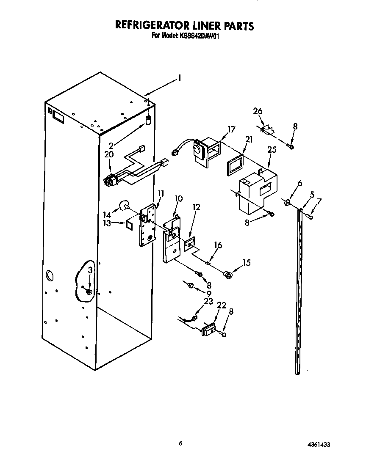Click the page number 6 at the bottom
[181, 443]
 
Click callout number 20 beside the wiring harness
[109, 154]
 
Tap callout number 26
[258, 111]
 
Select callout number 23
[208, 302]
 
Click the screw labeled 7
[310, 216]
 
